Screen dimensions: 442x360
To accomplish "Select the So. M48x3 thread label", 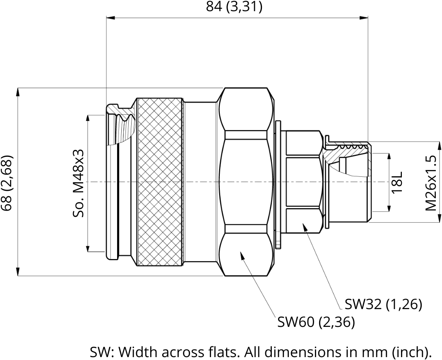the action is pos(78,183).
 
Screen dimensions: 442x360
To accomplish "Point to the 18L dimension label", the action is pos(397,182).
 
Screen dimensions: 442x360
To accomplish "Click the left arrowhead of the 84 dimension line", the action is pos(110,18).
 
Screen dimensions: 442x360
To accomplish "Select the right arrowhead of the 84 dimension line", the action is pos(364,18).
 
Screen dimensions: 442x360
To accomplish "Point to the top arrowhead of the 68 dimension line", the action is pos(18,93).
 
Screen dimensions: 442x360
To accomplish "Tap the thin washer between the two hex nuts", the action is pos(278,185).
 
